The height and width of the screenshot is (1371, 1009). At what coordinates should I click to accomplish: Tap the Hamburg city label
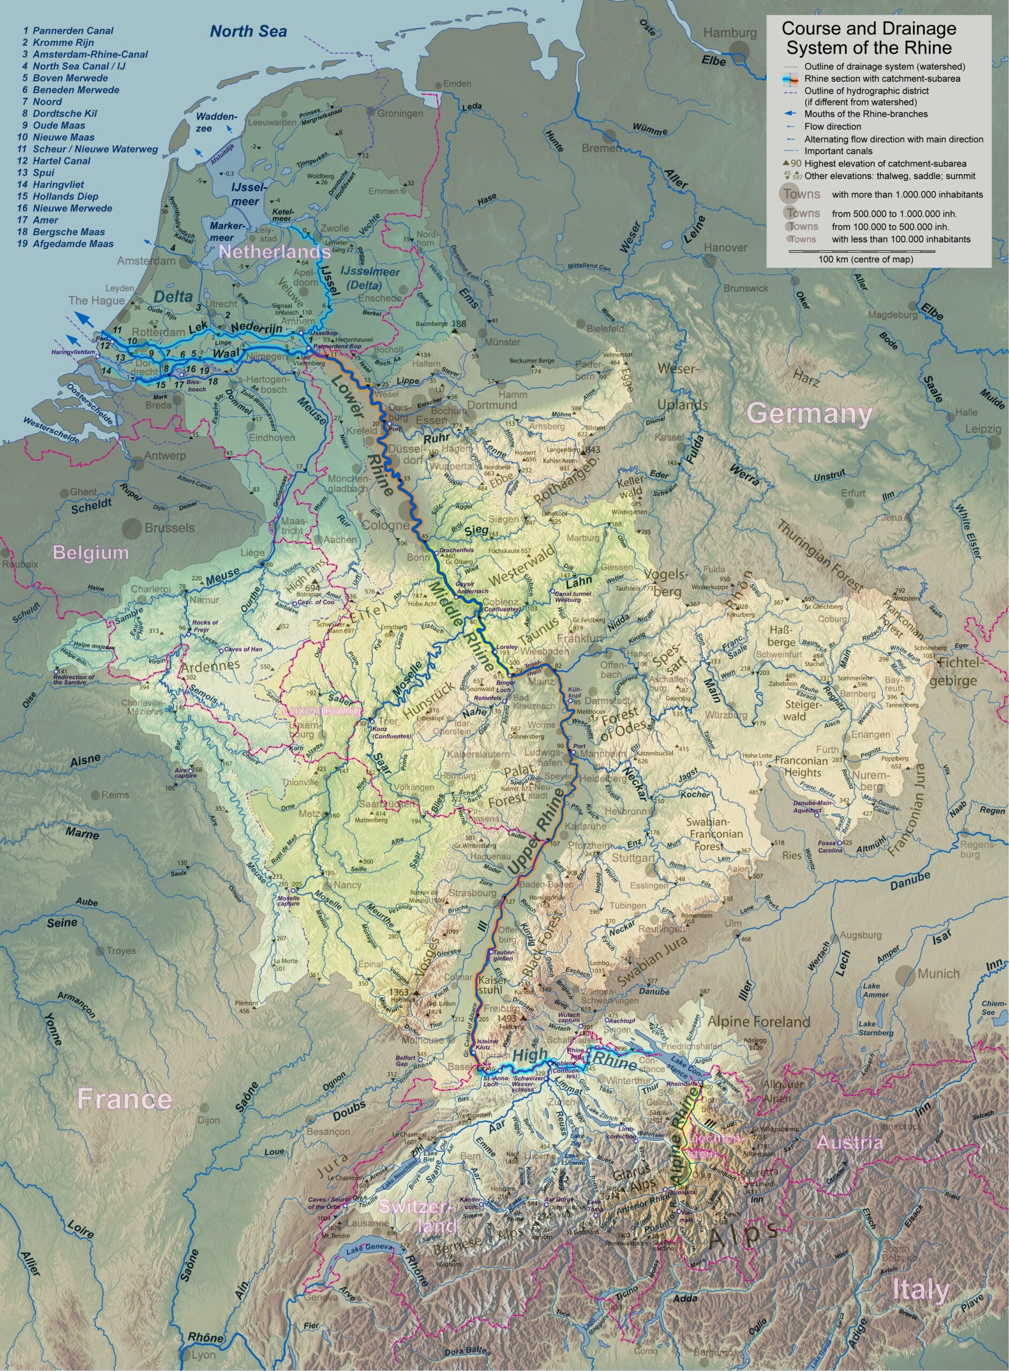pos(730,34)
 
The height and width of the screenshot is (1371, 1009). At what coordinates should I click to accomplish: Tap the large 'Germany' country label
pos(810,414)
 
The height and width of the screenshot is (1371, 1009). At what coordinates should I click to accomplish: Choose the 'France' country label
pos(125,1099)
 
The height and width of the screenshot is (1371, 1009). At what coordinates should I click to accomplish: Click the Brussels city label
pos(170,528)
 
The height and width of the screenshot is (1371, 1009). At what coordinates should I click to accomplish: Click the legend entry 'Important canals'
pos(838,151)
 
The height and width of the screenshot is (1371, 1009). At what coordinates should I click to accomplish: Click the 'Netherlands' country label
pos(275,252)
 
